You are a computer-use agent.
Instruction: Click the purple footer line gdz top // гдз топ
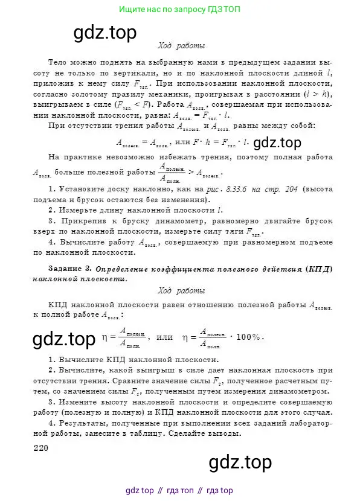click(179, 490)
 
